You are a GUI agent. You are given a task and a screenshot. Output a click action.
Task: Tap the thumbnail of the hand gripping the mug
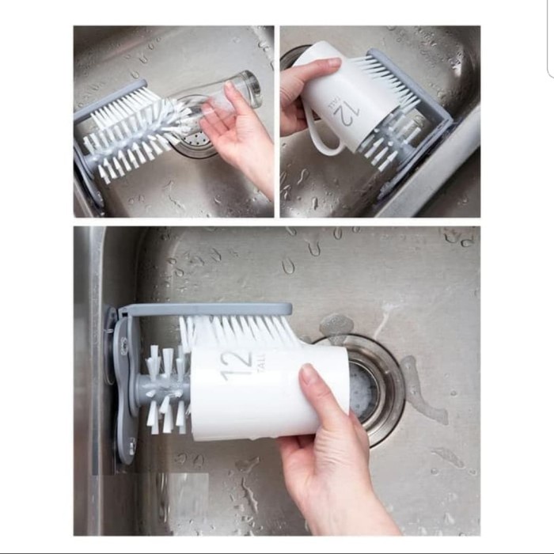pos(332,63)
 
